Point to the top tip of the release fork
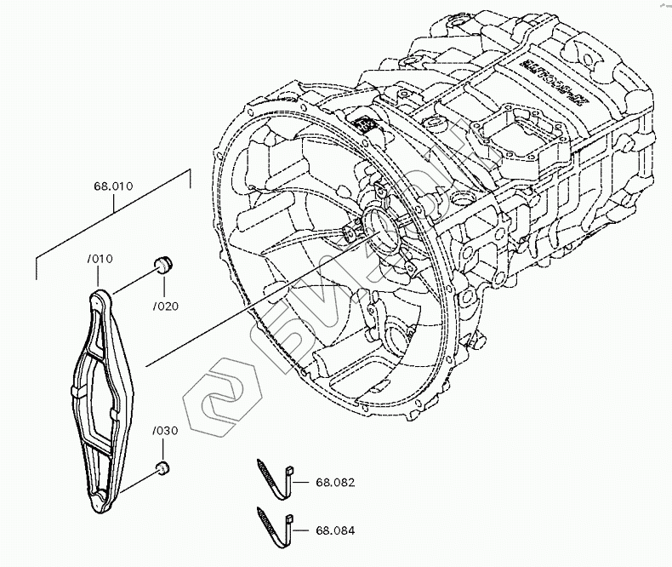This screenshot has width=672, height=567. pyautogui.click(x=100, y=295)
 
